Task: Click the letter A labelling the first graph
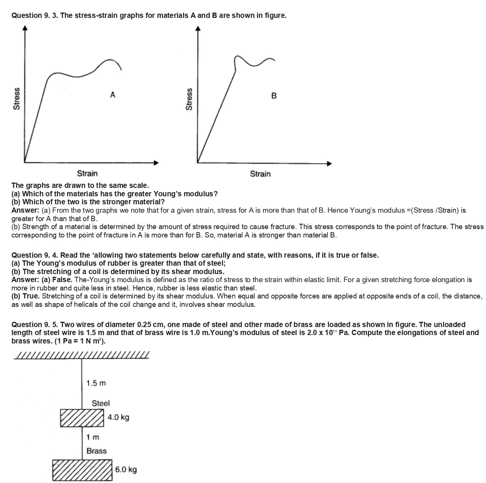coord(112,94)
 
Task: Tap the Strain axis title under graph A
coord(87,173)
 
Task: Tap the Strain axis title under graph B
coord(260,174)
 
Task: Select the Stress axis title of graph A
coord(16,99)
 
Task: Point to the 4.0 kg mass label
coord(118,417)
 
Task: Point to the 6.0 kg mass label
coord(126,469)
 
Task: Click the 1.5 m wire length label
coord(96,383)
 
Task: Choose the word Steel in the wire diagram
coord(101,403)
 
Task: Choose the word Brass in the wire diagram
coord(96,451)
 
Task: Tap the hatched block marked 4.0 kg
coord(82,418)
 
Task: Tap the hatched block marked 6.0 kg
coord(83,470)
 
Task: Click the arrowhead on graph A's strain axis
coord(156,163)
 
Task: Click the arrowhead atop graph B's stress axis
coord(197,29)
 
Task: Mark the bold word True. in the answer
coord(31,296)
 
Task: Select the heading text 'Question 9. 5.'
coord(35,324)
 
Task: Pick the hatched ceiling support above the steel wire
coord(81,355)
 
